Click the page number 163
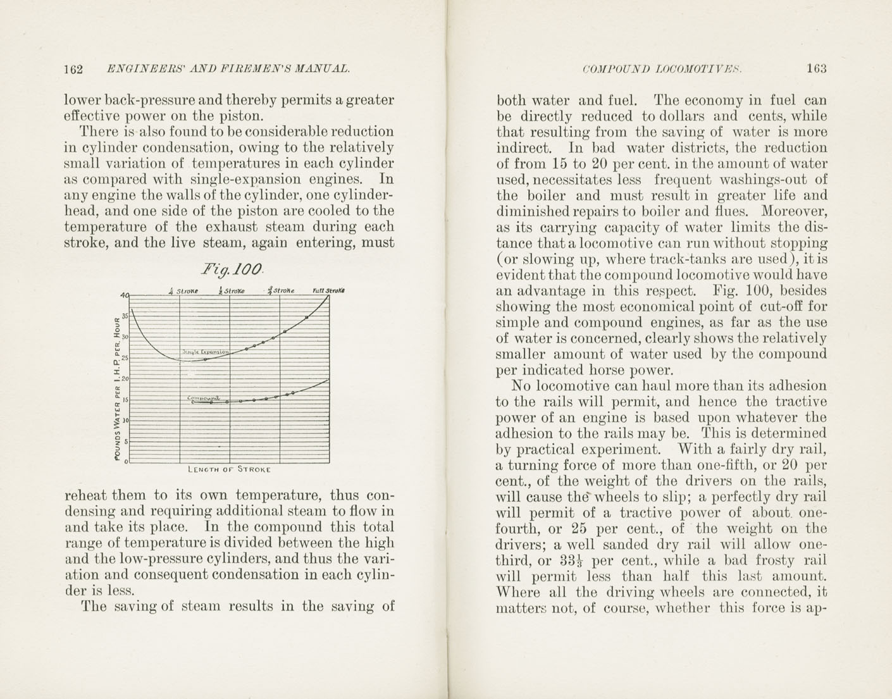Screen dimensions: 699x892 [816, 69]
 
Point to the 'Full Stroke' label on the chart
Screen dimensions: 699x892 [328, 291]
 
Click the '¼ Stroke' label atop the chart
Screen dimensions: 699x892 [183, 291]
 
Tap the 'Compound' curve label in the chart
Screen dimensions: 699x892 [204, 398]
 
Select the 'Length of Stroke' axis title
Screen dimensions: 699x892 [229, 470]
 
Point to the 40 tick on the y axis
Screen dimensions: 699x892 [123, 295]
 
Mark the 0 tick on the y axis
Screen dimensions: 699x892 [126, 462]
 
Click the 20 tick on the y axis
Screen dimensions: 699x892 [125, 378]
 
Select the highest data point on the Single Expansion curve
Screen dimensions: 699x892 [307, 317]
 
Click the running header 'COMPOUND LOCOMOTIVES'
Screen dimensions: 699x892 [662, 69]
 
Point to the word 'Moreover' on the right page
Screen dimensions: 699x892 [793, 211]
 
